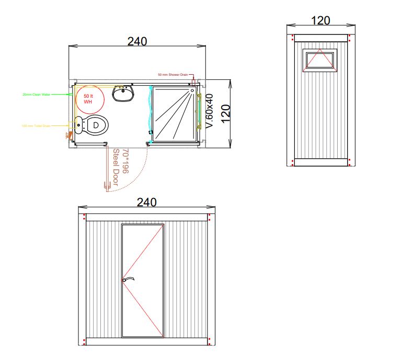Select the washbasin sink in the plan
click(x=124, y=94)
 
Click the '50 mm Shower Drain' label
click(x=173, y=75)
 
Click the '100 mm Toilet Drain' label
click(x=36, y=126)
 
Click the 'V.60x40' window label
click(x=210, y=111)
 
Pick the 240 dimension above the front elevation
click(x=146, y=203)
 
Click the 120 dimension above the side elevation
click(x=320, y=20)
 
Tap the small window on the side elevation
click(x=320, y=60)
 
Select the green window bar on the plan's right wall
click(x=199, y=112)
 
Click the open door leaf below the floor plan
click(x=108, y=170)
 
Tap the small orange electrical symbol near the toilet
click(x=67, y=135)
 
